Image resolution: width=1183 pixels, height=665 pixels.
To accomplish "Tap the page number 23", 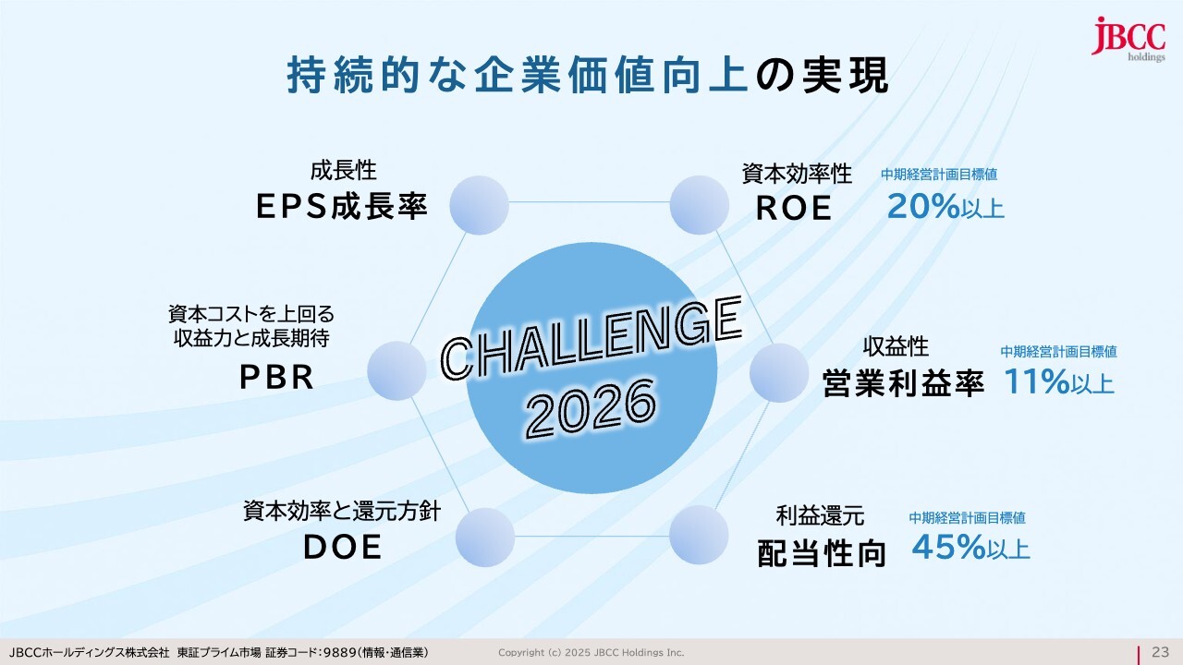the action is point(1160,652).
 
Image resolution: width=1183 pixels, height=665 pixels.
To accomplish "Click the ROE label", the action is point(794,208).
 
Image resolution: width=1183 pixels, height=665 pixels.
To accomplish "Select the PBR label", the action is point(276,378).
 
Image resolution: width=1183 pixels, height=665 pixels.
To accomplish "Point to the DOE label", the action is point(342,547).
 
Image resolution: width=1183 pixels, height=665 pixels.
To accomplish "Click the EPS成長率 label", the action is point(342,206).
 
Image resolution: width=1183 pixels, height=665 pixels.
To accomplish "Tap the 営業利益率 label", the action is point(904,382).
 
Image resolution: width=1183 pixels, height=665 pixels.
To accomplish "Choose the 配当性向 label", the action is point(822,553).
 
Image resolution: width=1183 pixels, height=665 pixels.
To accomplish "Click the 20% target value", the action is point(923,206).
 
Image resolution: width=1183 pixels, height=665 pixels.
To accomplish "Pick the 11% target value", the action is point(1037,381).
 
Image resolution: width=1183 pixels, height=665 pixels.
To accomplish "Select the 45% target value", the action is point(949,547).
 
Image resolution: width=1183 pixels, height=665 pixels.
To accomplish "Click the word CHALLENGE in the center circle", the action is point(591,338).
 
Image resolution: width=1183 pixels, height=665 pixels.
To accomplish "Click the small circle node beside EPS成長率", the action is point(479,205).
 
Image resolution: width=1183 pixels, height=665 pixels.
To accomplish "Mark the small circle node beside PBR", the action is point(396,370).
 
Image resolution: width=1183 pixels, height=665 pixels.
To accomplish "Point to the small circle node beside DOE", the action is point(485,538).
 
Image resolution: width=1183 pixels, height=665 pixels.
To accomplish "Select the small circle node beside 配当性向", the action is point(699,535).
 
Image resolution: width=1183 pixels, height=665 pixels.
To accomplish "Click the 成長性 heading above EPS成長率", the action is point(343,171).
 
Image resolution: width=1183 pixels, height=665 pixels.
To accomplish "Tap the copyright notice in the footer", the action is point(591,653).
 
